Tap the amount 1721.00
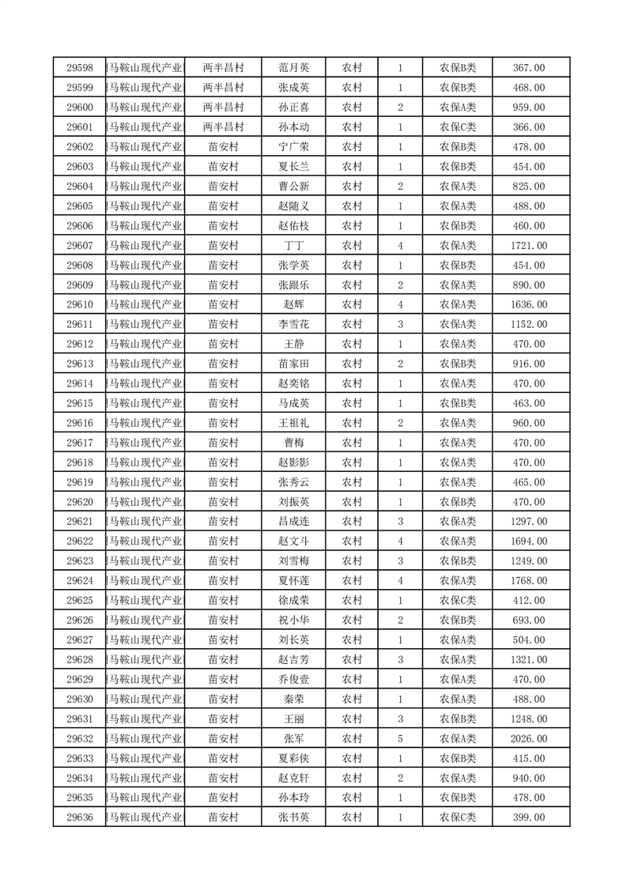tap(529, 246)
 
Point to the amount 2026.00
tap(529, 739)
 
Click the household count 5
tap(401, 739)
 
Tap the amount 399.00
tap(529, 817)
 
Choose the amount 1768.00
tap(529, 581)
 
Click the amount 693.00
tap(529, 621)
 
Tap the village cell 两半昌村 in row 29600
tap(223, 108)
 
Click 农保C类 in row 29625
tap(457, 601)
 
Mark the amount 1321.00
tap(529, 660)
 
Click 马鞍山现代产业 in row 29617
tap(145, 443)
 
